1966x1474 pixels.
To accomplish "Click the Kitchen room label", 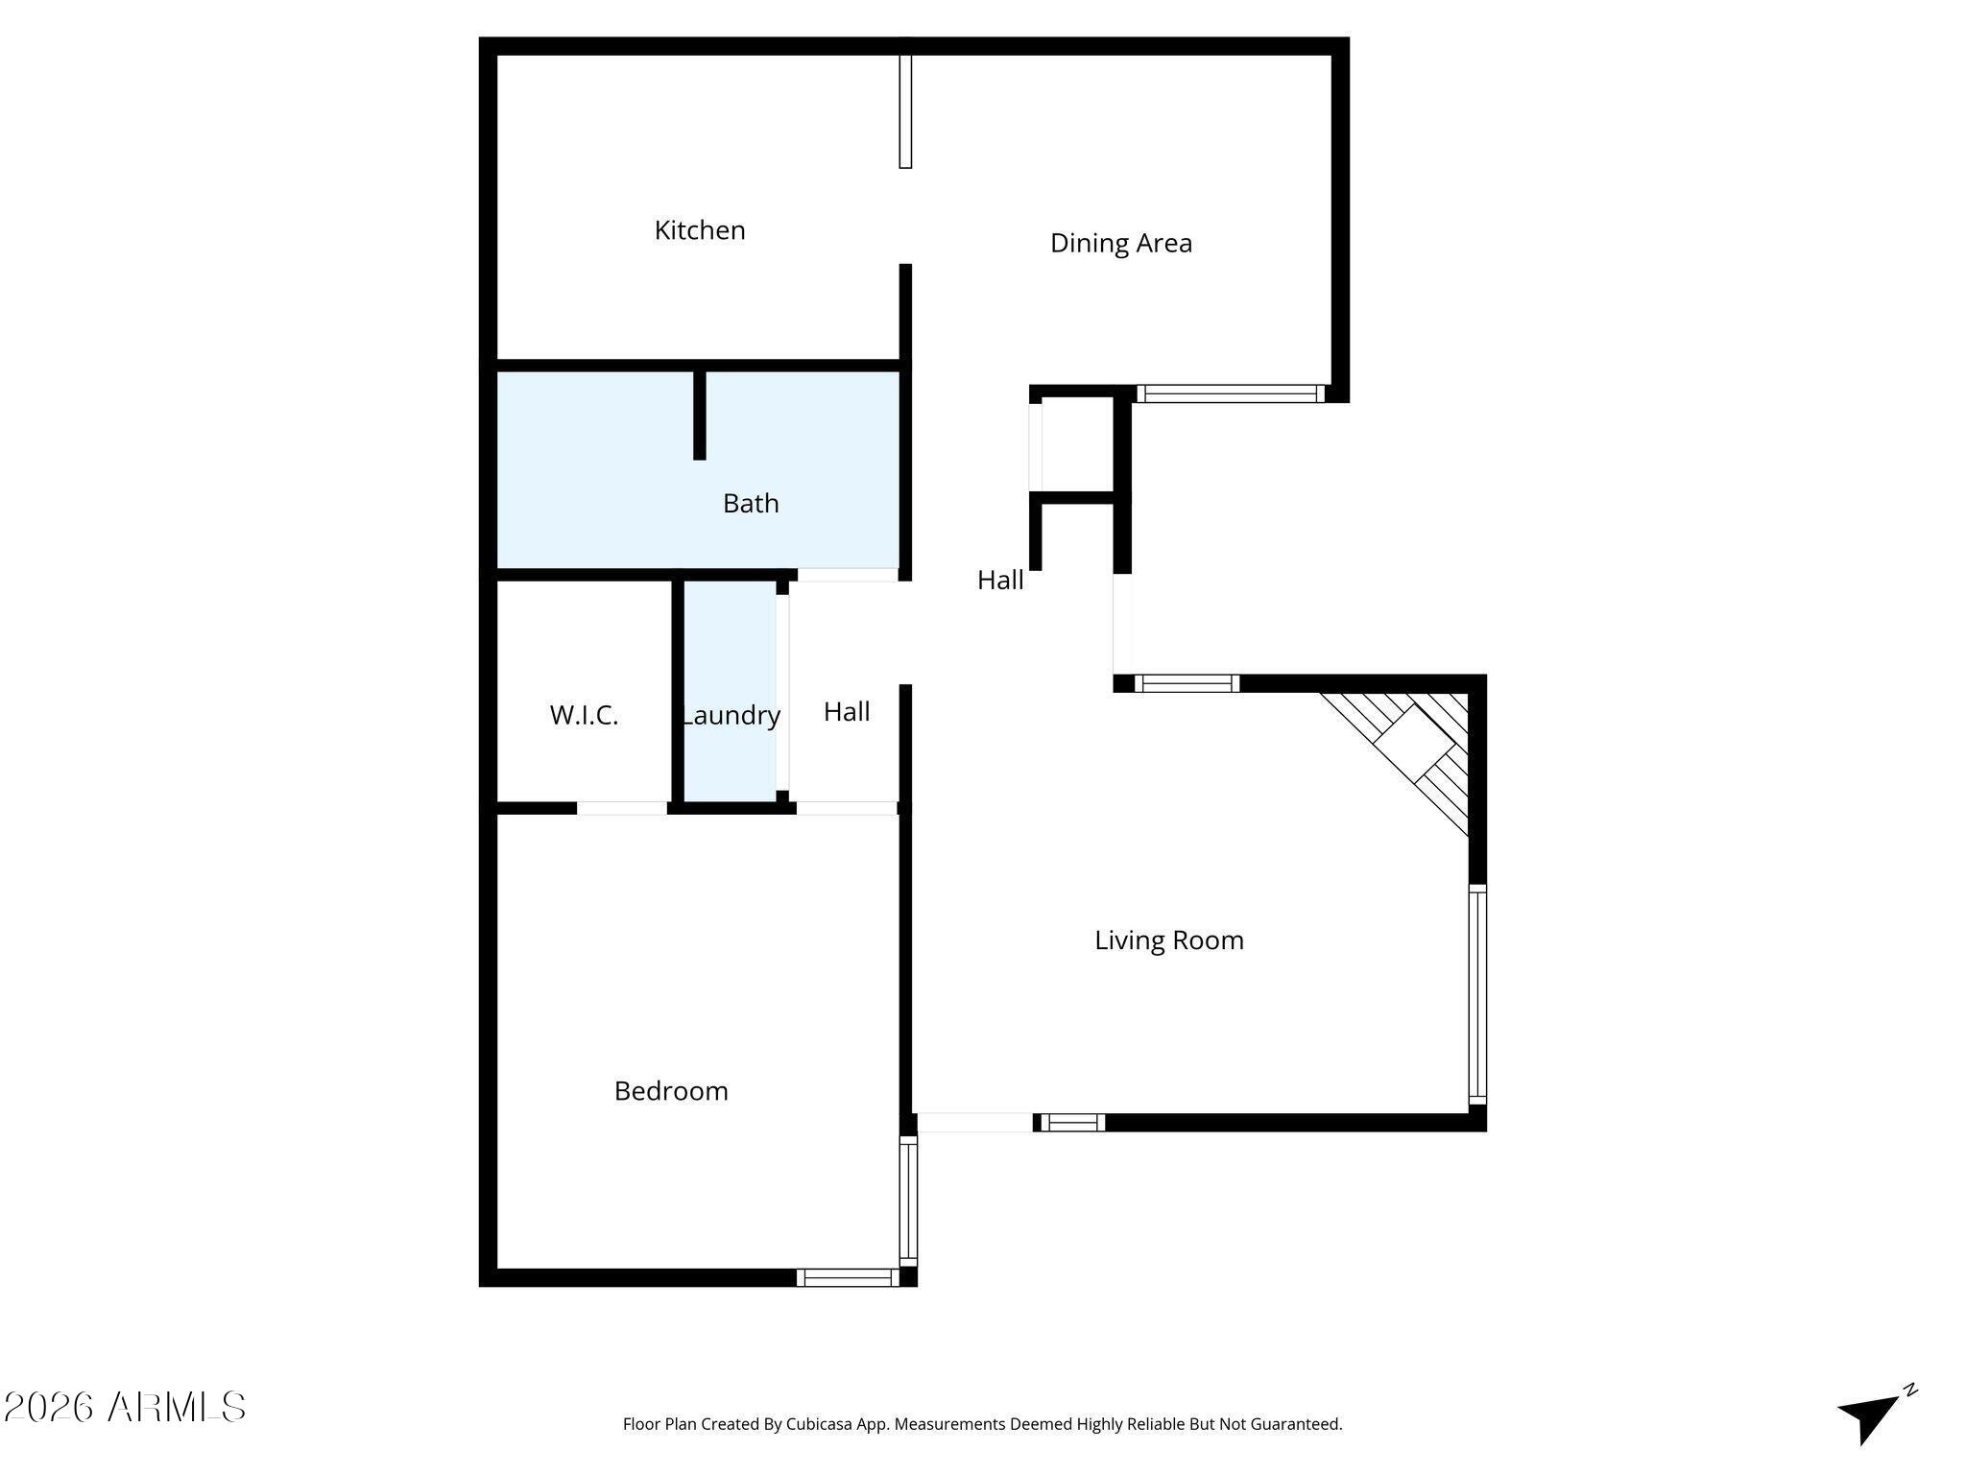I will click(700, 230).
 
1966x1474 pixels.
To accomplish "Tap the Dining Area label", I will click(1120, 244).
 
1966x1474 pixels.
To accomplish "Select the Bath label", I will click(751, 504).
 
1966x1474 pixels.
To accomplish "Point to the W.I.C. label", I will click(584, 716).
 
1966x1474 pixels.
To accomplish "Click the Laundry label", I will click(731, 716).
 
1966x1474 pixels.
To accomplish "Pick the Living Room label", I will click(1168, 940).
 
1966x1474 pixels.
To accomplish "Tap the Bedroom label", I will click(671, 1091).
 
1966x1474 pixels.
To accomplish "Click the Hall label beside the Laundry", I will click(847, 712).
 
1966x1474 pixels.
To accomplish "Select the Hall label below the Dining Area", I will click(1000, 581).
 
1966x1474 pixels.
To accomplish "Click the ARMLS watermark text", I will click(125, 1408).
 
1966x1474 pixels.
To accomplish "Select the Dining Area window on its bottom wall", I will click(1230, 393).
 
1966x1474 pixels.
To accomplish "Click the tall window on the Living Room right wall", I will click(1477, 993).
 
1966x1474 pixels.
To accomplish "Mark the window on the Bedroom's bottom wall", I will click(848, 1277).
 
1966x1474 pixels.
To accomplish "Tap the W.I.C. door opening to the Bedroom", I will click(622, 808).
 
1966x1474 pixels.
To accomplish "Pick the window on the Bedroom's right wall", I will click(907, 1201).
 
